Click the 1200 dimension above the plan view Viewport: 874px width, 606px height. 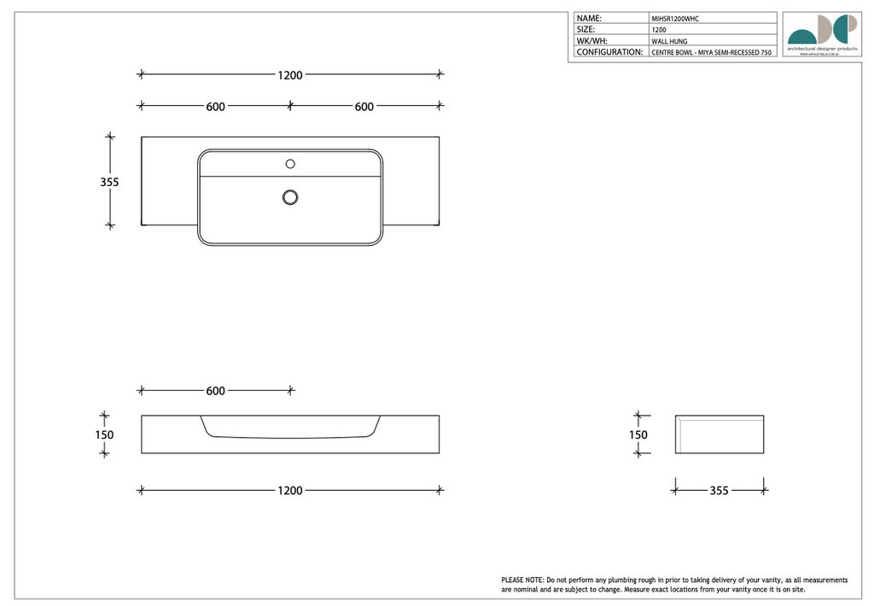point(290,75)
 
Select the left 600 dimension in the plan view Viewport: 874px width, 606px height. point(215,107)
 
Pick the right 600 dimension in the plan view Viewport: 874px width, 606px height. point(364,107)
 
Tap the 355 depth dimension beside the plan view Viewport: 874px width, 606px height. point(109,182)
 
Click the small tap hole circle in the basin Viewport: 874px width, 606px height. point(290,163)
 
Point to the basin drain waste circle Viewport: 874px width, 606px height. point(290,198)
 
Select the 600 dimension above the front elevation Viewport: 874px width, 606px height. point(215,391)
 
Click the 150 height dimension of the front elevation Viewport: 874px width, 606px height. point(104,434)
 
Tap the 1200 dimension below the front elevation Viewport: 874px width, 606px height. point(290,491)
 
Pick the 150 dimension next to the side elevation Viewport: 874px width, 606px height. point(638,434)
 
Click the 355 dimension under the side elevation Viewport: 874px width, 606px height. point(719,491)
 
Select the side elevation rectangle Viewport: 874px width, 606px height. point(720,434)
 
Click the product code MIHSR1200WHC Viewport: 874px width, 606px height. point(675,18)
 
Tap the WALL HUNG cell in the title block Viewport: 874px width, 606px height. point(669,41)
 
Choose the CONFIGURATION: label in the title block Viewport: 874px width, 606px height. point(609,52)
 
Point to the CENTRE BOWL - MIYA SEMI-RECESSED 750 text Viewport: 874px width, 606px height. point(711,53)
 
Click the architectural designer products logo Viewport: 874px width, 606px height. point(822,34)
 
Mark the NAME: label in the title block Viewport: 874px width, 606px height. point(590,18)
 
